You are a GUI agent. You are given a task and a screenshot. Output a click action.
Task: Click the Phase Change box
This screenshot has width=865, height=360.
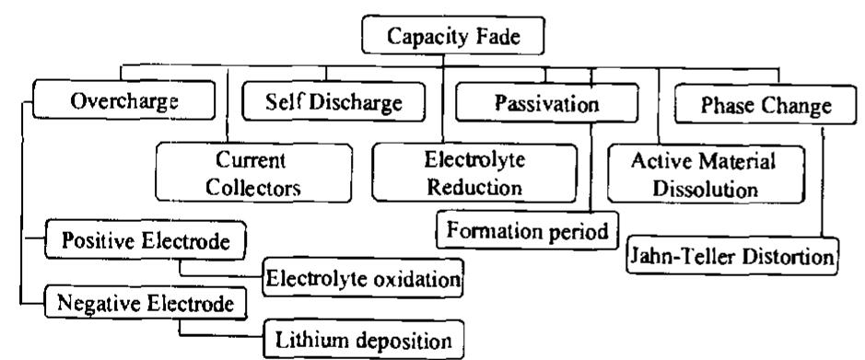coord(752,106)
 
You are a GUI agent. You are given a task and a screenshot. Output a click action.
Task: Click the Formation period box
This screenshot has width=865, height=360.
coord(526,228)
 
